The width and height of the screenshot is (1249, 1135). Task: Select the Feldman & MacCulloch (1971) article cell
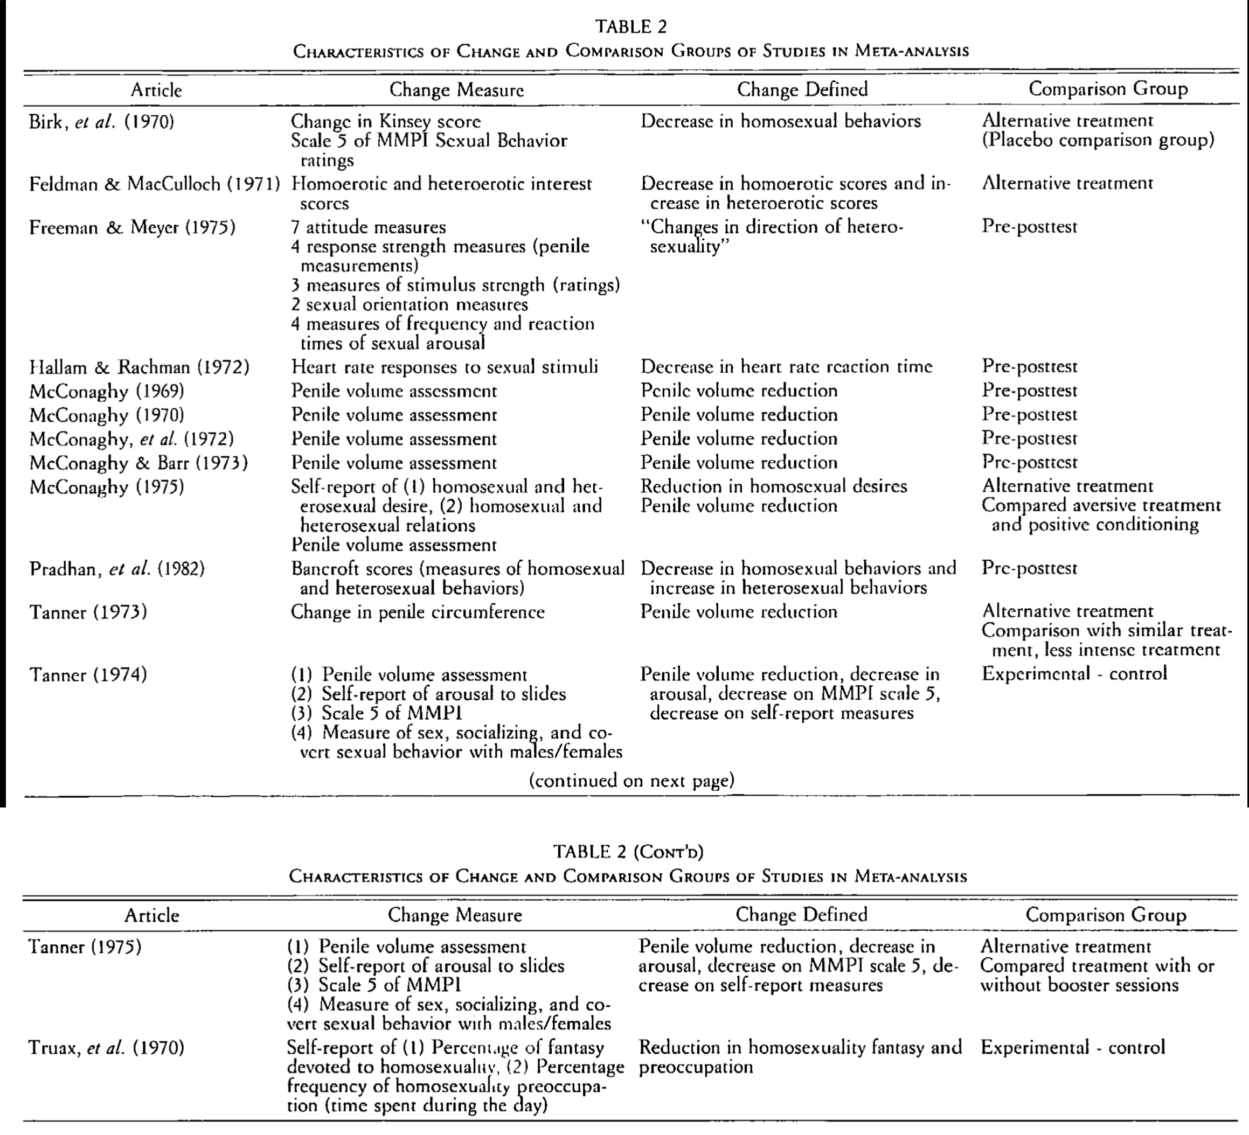coord(154,184)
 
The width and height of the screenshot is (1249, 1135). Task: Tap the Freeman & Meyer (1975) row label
coord(132,227)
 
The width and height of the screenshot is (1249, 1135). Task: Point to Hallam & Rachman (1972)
coord(140,367)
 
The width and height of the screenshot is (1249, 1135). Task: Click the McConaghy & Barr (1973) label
coord(138,463)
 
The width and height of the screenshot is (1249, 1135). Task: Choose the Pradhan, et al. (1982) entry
coord(117,569)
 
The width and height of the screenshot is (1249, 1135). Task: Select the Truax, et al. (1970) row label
coord(107,1048)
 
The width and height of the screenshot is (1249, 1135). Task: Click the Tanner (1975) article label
coord(85,946)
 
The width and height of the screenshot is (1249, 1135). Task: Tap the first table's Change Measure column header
coord(456,90)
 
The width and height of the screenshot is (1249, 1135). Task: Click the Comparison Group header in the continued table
coord(1106,915)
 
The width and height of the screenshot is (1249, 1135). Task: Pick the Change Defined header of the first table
coord(802,89)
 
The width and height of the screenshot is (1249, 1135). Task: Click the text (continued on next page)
coord(632,780)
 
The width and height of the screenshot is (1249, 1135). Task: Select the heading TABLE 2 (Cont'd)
coord(628,852)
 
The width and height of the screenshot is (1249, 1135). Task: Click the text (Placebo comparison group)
coord(1098,140)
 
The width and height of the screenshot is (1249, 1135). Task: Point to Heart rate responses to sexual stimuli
coord(444,367)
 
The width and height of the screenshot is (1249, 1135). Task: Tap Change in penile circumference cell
coord(418,612)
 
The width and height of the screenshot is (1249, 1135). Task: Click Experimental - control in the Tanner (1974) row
coord(1074,673)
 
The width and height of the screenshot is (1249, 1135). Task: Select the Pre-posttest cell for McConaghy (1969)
coord(1029,391)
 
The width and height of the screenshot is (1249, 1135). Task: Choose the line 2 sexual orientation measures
coord(410,304)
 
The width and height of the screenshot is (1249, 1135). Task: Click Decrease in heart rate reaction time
coord(786,367)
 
